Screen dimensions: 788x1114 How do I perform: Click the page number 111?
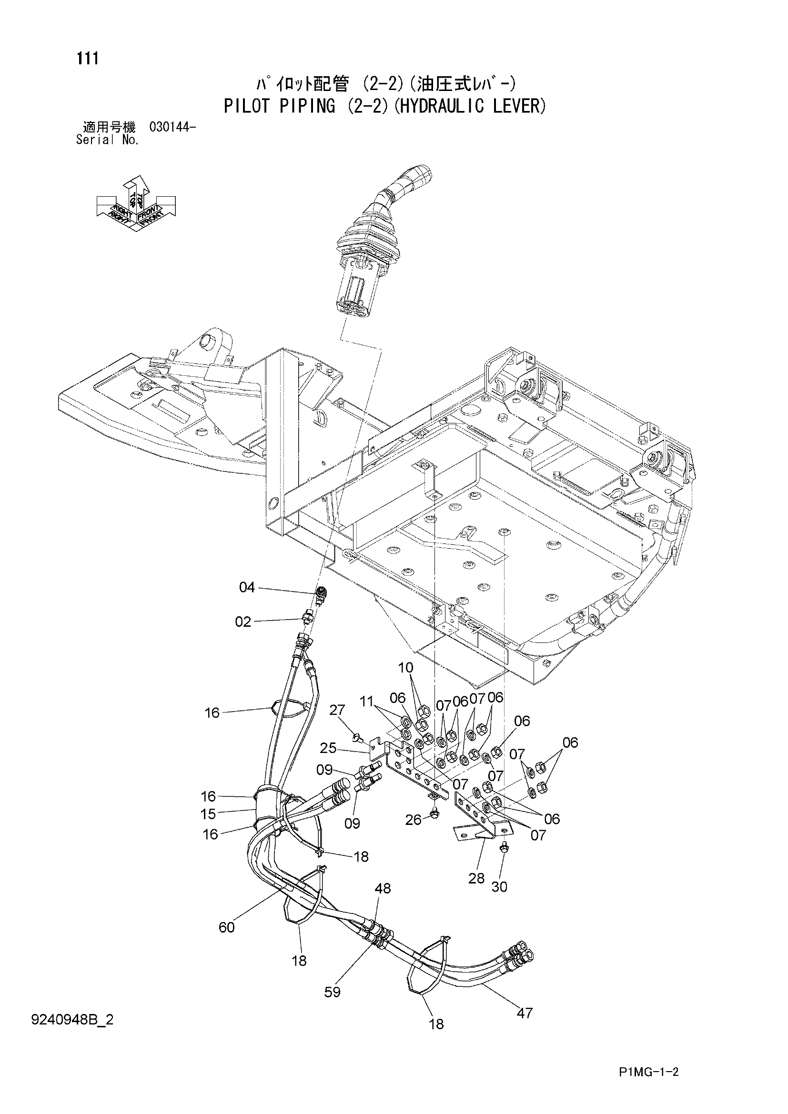(87, 59)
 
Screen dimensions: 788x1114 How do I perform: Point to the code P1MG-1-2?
(648, 1083)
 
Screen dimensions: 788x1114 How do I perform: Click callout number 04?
(247, 588)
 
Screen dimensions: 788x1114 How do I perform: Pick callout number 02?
(243, 622)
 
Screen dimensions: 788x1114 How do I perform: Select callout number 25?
(329, 748)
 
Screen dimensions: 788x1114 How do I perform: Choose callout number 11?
(367, 701)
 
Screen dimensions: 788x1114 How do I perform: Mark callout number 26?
(414, 820)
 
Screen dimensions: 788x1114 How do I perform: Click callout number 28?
(476, 878)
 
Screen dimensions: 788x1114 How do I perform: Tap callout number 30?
(499, 886)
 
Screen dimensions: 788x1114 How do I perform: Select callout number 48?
(383, 888)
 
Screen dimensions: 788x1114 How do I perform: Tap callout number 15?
(208, 813)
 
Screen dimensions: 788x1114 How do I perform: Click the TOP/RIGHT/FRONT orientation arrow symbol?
(136, 203)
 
